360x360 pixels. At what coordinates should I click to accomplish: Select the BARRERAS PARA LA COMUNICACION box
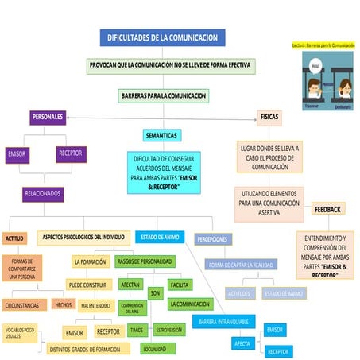tap(163, 96)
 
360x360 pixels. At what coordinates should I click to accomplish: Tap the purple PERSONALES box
tap(48, 118)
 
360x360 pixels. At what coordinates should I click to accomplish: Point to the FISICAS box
tap(269, 117)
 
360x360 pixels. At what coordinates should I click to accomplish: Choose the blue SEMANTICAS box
tap(161, 135)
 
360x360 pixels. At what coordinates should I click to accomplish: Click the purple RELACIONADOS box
tap(43, 193)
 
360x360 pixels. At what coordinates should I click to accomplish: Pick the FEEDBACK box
tap(327, 209)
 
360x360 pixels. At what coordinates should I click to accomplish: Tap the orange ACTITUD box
tap(15, 238)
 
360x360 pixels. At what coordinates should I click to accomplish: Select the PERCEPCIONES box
tap(212, 238)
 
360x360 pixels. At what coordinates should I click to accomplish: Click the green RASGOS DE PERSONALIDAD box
tap(145, 261)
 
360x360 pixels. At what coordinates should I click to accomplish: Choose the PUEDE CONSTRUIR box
tap(87, 284)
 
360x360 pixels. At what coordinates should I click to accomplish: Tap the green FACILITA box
tap(179, 284)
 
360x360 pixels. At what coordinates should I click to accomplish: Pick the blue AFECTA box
tap(243, 343)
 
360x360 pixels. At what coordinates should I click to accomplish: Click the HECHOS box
tap(62, 304)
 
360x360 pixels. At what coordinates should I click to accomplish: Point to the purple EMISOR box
tap(16, 154)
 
